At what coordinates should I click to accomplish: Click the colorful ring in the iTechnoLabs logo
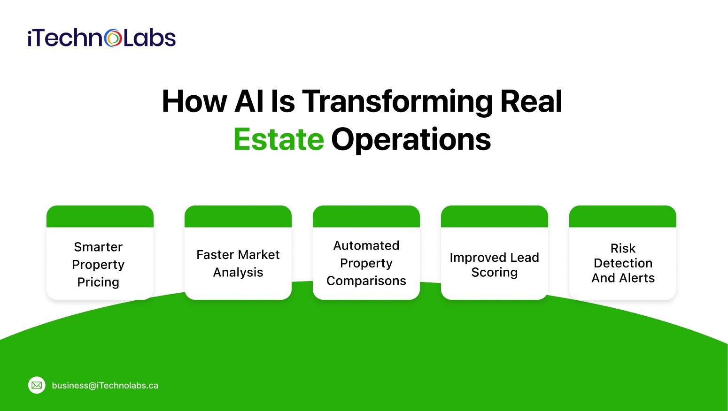tap(113, 38)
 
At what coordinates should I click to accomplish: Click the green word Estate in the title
tap(279, 139)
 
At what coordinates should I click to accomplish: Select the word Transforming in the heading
tap(397, 101)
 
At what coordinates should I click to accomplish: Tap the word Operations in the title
tap(411, 139)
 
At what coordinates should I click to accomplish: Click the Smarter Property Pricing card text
tap(98, 264)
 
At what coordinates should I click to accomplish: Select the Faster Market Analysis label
tap(238, 263)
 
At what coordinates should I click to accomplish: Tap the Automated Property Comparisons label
tap(366, 263)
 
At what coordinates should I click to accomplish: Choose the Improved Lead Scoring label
tap(494, 265)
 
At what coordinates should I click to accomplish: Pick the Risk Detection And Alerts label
tap(623, 263)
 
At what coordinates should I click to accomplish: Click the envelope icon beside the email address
tap(37, 385)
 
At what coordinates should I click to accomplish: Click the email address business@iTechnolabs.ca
tap(105, 386)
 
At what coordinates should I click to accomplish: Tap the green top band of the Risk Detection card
tap(623, 216)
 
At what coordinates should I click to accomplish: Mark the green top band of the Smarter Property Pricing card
tap(100, 216)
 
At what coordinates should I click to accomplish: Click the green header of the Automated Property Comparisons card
tap(366, 216)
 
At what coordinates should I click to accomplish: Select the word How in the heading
tap(194, 101)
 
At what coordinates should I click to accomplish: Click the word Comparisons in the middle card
tap(366, 281)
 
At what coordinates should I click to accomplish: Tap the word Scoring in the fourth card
tap(494, 273)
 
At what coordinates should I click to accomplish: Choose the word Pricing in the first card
tap(98, 282)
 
